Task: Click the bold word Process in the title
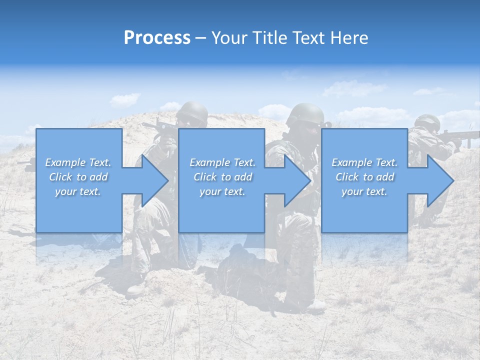[157, 38]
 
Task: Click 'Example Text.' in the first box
[78, 162]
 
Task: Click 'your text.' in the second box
[222, 191]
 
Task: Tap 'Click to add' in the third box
[364, 177]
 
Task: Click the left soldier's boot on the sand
[135, 289]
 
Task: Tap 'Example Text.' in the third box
[364, 162]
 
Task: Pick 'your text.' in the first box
[78, 191]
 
